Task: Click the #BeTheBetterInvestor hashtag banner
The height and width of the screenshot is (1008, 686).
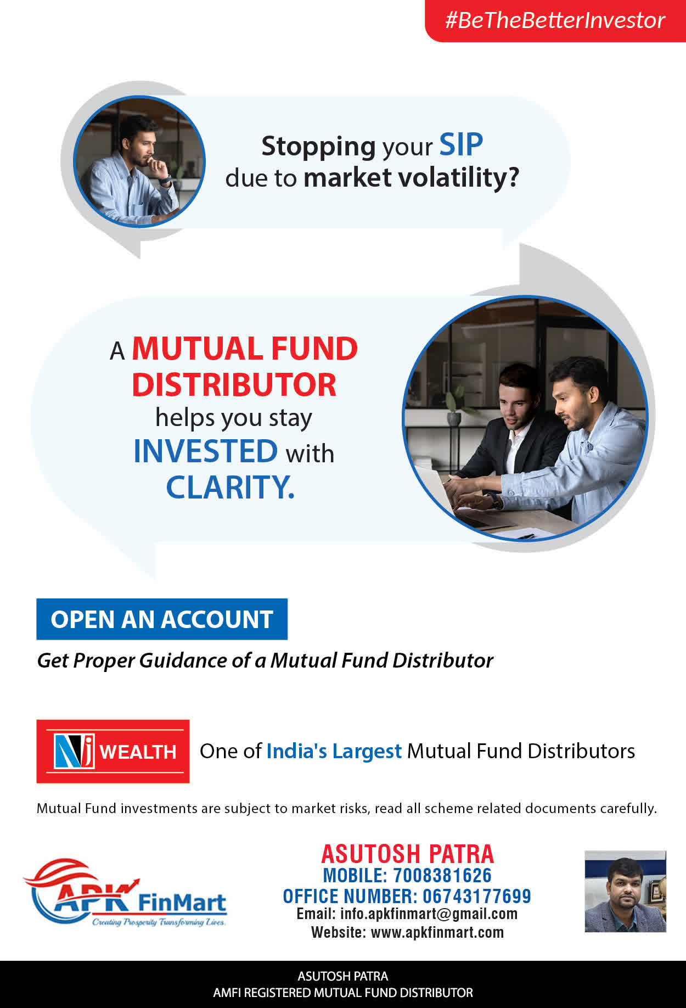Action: (555, 20)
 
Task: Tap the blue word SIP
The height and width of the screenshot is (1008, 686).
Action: (461, 145)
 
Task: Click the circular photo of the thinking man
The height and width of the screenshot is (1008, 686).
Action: (139, 161)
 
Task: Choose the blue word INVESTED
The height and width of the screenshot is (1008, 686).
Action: (206, 451)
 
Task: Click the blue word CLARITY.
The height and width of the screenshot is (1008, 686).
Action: (230, 487)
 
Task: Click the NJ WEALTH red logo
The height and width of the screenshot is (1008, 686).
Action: (113, 751)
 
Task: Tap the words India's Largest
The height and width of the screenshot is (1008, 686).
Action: (334, 751)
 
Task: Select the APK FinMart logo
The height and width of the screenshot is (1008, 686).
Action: (125, 893)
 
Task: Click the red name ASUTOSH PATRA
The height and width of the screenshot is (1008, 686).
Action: (408, 854)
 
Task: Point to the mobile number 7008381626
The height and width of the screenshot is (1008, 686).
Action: (442, 876)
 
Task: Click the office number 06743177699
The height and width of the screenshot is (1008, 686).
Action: (477, 897)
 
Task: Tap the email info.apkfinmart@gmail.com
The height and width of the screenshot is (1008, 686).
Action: (429, 914)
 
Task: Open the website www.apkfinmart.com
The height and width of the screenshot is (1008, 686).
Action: (437, 932)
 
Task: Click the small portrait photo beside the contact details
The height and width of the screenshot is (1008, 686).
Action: (625, 892)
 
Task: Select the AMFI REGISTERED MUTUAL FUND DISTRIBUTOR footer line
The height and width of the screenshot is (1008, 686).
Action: (343, 993)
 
